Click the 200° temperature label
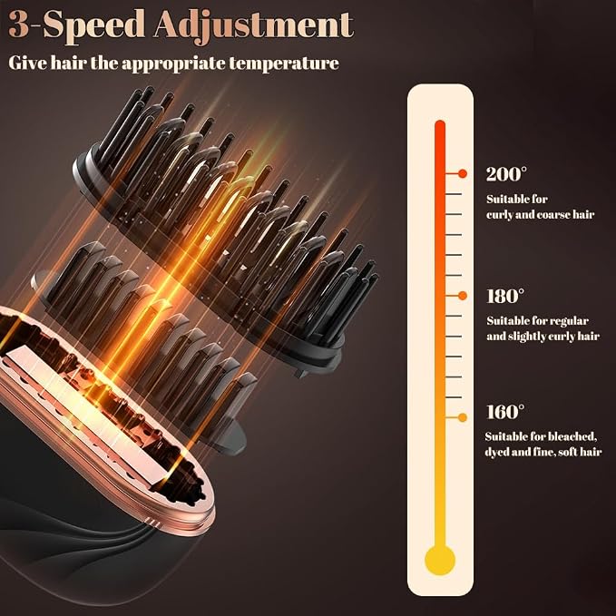click(x=506, y=174)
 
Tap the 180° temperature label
click(x=505, y=297)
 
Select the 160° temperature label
click(x=505, y=412)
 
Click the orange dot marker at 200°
click(x=463, y=173)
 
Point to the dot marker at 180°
click(x=463, y=296)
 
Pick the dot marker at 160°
click(x=463, y=417)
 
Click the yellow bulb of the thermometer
click(x=440, y=560)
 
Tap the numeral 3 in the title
click(x=19, y=24)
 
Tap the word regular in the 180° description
click(x=569, y=322)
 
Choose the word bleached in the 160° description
click(x=572, y=436)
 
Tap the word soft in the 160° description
click(x=567, y=452)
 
